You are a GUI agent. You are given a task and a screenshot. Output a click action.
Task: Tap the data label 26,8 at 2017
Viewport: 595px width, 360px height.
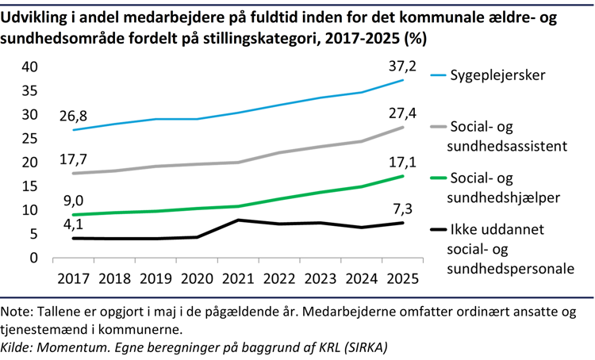73,116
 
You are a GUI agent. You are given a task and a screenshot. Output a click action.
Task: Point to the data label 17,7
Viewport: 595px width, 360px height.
73,159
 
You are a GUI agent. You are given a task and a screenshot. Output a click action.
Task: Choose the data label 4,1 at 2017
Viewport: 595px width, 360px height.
73,224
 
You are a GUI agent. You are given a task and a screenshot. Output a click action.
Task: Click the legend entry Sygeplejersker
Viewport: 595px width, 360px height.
499,75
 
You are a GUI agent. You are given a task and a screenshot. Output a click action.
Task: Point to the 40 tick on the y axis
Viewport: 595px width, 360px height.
29,67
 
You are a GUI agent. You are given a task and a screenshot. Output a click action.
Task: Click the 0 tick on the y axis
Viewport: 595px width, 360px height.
34,258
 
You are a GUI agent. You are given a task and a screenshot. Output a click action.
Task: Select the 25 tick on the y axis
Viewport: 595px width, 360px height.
29,139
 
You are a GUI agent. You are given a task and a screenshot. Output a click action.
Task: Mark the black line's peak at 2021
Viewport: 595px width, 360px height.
238,220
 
